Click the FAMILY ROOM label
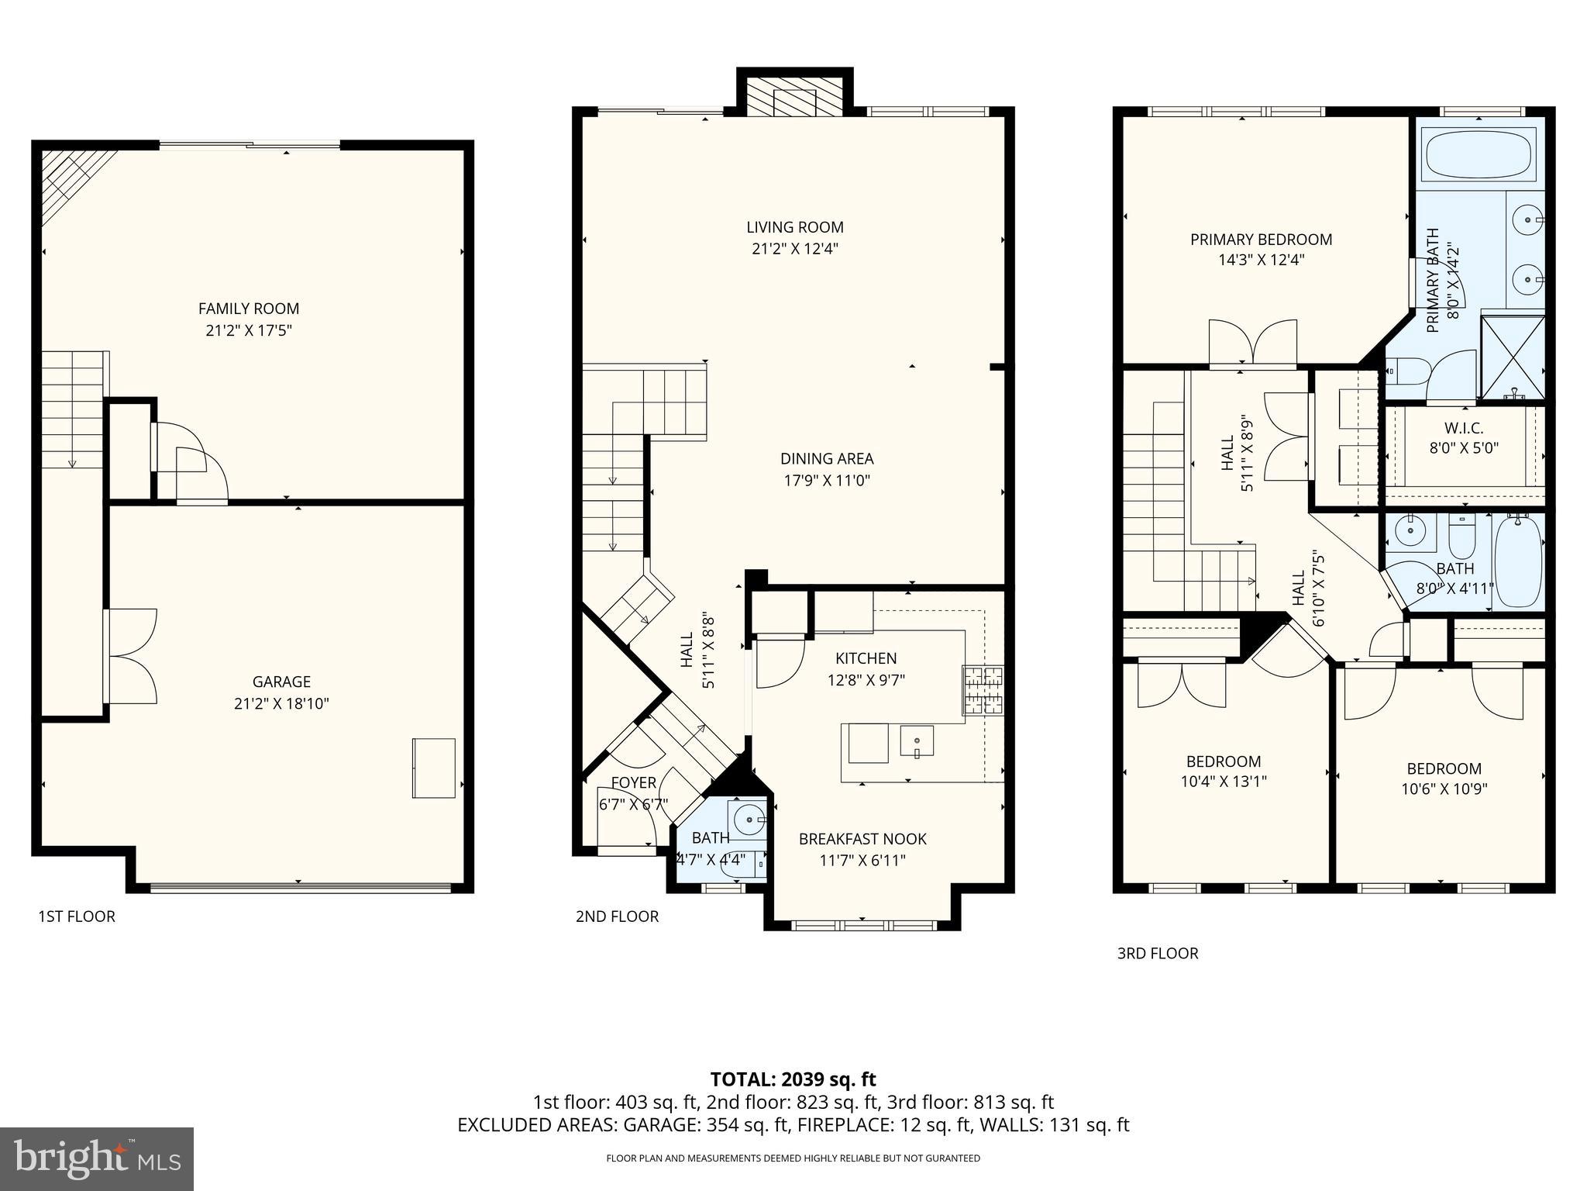249,309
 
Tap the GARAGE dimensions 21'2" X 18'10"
281,704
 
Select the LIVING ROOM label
795,227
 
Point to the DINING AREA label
827,458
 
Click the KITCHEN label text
866,658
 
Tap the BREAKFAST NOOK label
862,839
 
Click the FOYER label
633,782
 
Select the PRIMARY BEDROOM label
1261,240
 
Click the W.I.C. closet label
1464,428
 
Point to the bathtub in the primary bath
1479,154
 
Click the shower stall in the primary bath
1512,356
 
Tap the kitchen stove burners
983,690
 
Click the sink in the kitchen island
916,740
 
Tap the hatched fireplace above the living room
795,98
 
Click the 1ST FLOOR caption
77,917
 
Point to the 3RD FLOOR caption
1157,954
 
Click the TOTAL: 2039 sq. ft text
793,1079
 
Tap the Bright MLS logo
97,1158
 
